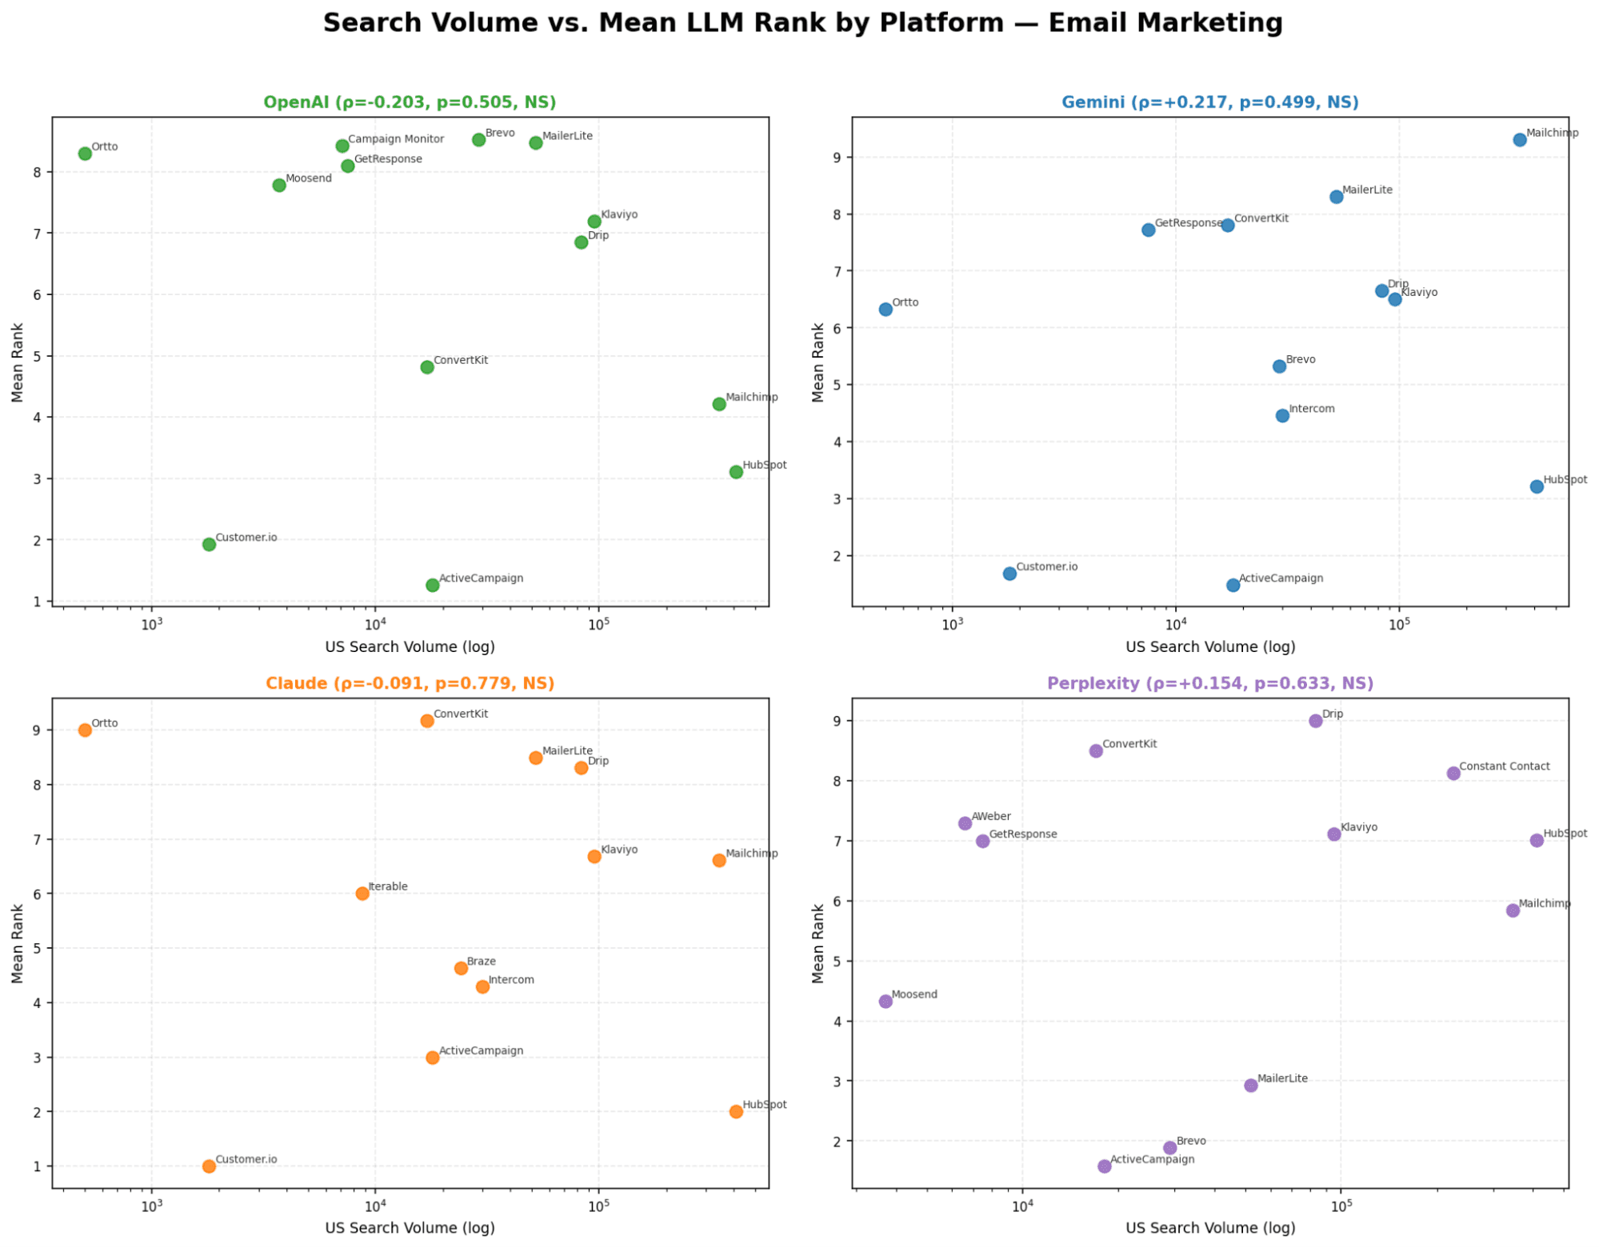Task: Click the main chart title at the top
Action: coord(802,22)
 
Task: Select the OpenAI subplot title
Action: coord(410,102)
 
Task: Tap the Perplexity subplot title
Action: coord(1209,683)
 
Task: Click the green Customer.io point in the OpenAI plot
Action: coord(209,544)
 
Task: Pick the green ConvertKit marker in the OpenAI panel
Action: coord(427,367)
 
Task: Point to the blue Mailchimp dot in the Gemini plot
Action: coord(1519,140)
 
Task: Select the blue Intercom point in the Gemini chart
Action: coord(1282,415)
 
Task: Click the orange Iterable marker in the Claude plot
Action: coord(362,894)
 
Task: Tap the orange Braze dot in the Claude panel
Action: coord(461,968)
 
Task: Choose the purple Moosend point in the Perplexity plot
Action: coord(885,1002)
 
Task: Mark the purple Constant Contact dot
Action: coord(1453,774)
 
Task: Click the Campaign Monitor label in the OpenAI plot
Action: coord(396,139)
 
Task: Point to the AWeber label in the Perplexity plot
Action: coord(991,817)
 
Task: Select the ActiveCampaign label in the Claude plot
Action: coord(481,1051)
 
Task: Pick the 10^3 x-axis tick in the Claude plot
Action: coord(151,1206)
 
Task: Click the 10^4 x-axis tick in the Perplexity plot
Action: coord(1021,1206)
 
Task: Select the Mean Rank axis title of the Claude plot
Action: coord(18,943)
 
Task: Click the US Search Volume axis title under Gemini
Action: coord(1209,647)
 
